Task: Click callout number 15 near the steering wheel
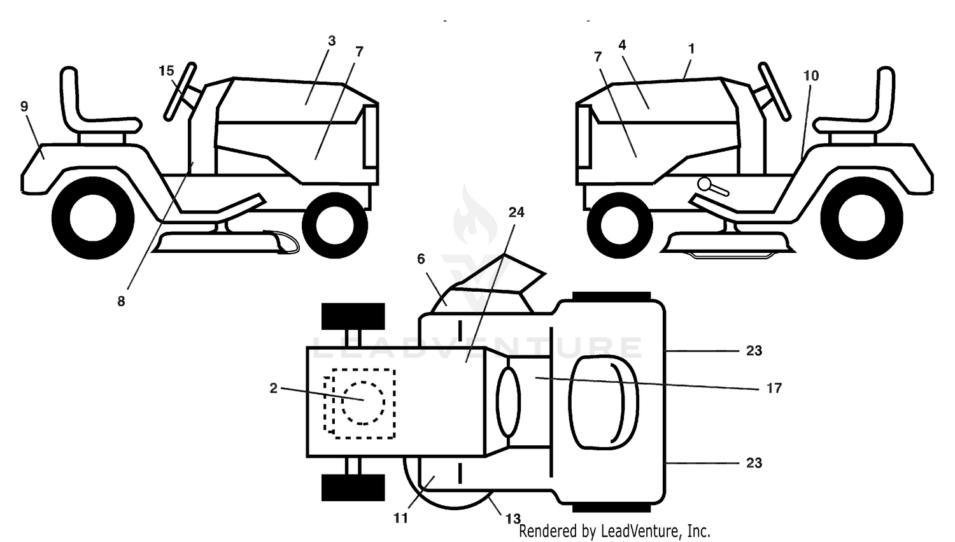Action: [166, 71]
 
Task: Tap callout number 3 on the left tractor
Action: [332, 41]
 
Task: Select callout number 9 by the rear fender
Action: [24, 106]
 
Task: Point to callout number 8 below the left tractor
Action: [121, 301]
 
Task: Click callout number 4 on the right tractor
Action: [622, 45]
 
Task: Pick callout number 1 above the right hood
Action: [691, 49]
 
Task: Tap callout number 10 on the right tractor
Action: [811, 76]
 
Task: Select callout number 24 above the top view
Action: [516, 212]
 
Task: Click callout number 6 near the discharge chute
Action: [421, 259]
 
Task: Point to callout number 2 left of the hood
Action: [273, 389]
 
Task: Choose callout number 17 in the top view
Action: [774, 389]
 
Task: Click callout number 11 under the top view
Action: [400, 518]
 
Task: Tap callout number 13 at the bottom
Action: [513, 519]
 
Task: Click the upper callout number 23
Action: [754, 350]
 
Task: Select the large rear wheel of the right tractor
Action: [861, 217]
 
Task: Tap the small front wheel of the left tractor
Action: [335, 225]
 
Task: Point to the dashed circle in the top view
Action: [363, 403]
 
